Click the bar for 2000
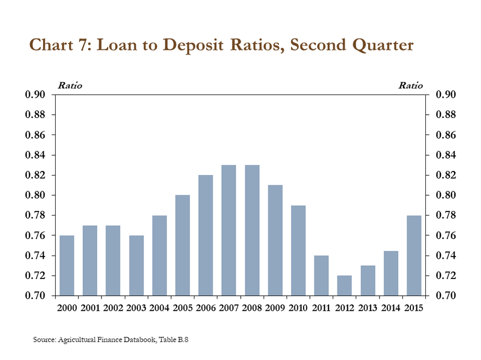[67, 265]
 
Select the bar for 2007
[229, 230]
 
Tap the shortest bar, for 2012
[344, 285]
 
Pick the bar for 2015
[414, 255]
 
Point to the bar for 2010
[298, 250]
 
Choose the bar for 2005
[183, 245]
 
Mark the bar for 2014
[391, 273]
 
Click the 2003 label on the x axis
[136, 308]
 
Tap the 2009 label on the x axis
[275, 308]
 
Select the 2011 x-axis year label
[321, 308]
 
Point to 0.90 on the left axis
[40, 95]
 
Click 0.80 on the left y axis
[40, 195]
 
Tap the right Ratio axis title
[411, 85]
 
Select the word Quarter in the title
[378, 45]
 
